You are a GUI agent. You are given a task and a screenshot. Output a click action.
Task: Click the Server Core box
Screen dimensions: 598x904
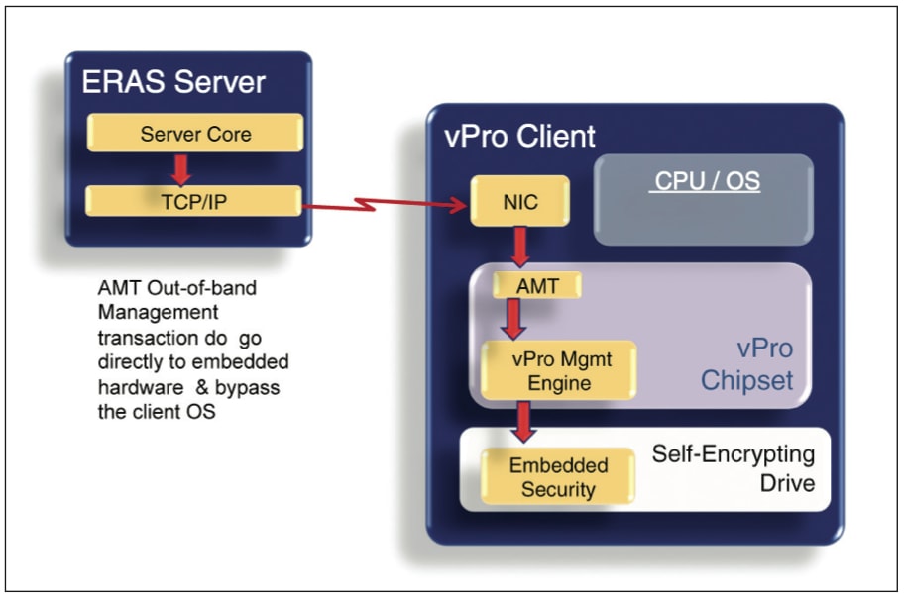click(195, 133)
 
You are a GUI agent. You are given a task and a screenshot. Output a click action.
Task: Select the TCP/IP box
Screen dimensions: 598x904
click(193, 200)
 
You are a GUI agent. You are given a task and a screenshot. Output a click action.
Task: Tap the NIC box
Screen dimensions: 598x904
click(521, 201)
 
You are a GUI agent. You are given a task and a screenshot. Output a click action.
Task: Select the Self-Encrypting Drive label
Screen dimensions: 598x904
click(734, 469)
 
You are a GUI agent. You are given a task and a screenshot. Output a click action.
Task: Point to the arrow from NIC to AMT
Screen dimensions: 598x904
click(518, 247)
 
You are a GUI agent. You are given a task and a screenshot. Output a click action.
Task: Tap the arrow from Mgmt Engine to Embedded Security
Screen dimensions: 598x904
click(523, 421)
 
